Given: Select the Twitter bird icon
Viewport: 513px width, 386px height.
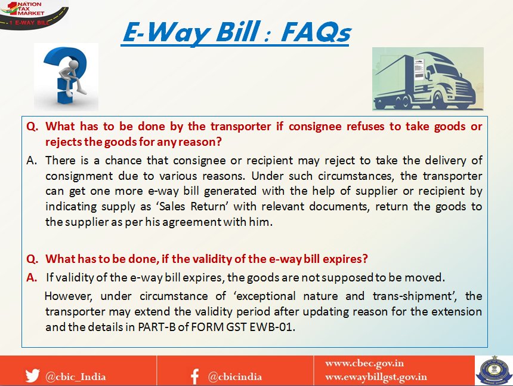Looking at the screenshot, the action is point(32,375).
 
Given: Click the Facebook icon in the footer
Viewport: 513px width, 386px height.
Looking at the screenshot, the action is point(195,376).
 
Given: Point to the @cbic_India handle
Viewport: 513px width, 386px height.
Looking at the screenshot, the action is point(76,376).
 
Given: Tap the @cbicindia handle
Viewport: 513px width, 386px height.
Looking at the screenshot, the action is point(235,377).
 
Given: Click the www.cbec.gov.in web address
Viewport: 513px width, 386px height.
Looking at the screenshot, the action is point(364,363).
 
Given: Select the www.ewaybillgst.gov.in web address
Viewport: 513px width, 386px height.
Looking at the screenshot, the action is point(376,377).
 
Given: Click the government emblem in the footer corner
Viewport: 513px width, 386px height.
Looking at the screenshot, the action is point(494,370).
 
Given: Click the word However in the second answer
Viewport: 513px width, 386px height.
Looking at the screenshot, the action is point(69,296).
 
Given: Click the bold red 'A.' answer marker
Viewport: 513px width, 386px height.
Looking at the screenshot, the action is point(32,278).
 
